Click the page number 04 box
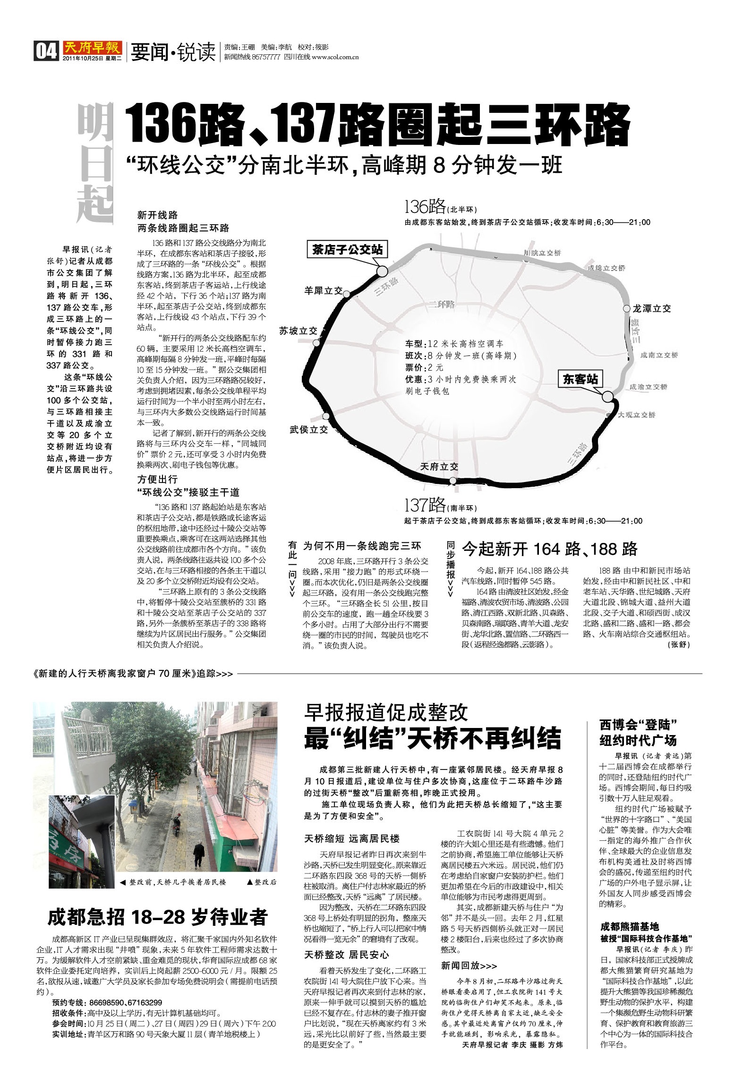pos(46,51)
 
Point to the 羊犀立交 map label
pos(323,291)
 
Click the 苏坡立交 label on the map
pos(298,331)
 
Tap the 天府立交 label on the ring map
pos(439,467)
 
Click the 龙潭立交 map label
pos(652,309)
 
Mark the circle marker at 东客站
pos(608,397)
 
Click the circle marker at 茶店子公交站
pos(382,271)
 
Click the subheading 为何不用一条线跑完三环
pos(362,546)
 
